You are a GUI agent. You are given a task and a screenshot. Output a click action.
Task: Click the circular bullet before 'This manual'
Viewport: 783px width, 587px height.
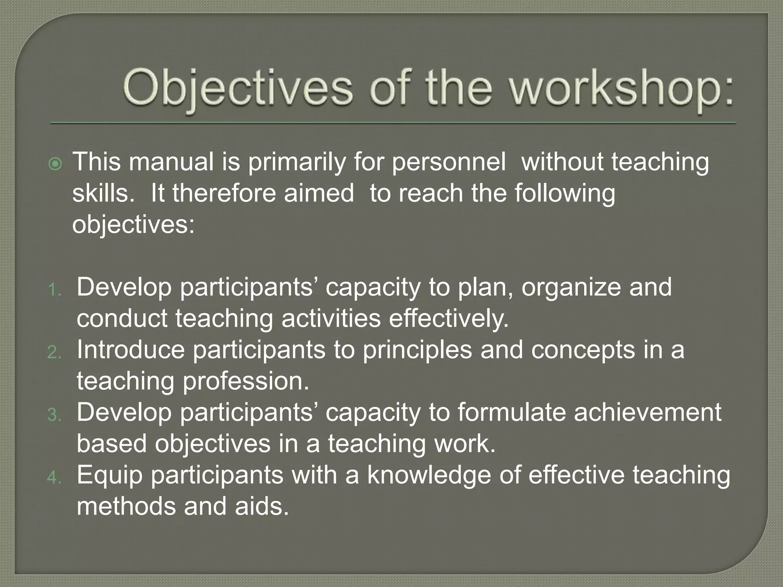(x=55, y=164)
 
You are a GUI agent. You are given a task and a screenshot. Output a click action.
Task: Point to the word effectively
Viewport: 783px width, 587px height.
(x=449, y=319)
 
